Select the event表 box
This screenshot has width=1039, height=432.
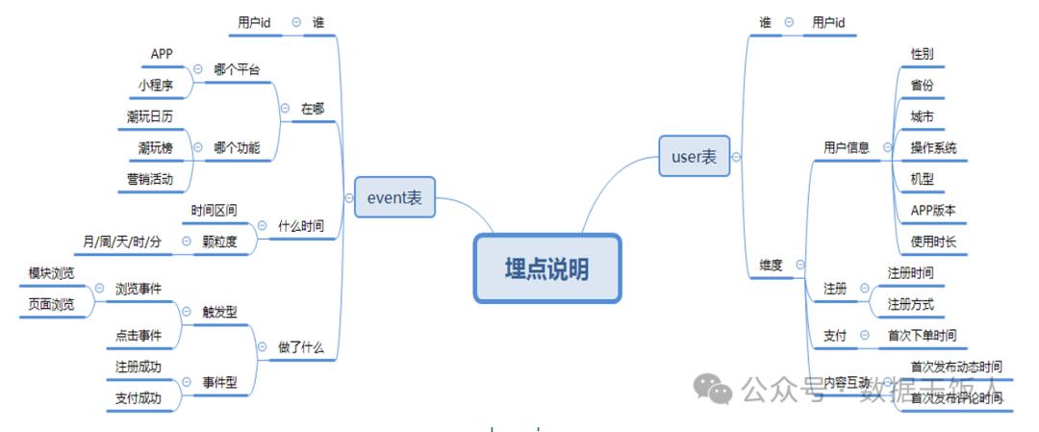[x=394, y=198]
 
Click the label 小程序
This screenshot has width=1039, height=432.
[x=155, y=85]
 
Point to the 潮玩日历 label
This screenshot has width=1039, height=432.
[x=149, y=116]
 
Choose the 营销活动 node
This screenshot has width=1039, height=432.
[x=149, y=178]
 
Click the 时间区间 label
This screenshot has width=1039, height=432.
[x=214, y=210]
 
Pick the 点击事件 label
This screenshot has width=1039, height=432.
[x=138, y=335]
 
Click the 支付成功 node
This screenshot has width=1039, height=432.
[x=138, y=397]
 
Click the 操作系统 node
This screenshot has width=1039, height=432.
[x=933, y=147]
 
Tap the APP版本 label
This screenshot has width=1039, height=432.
[x=932, y=210]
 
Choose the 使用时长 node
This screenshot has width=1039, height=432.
[x=932, y=241]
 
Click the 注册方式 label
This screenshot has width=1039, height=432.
[x=910, y=304]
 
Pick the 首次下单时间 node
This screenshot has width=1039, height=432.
[x=921, y=335]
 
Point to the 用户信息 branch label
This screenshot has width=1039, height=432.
[x=847, y=147]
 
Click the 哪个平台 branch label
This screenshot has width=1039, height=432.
[x=237, y=69]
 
